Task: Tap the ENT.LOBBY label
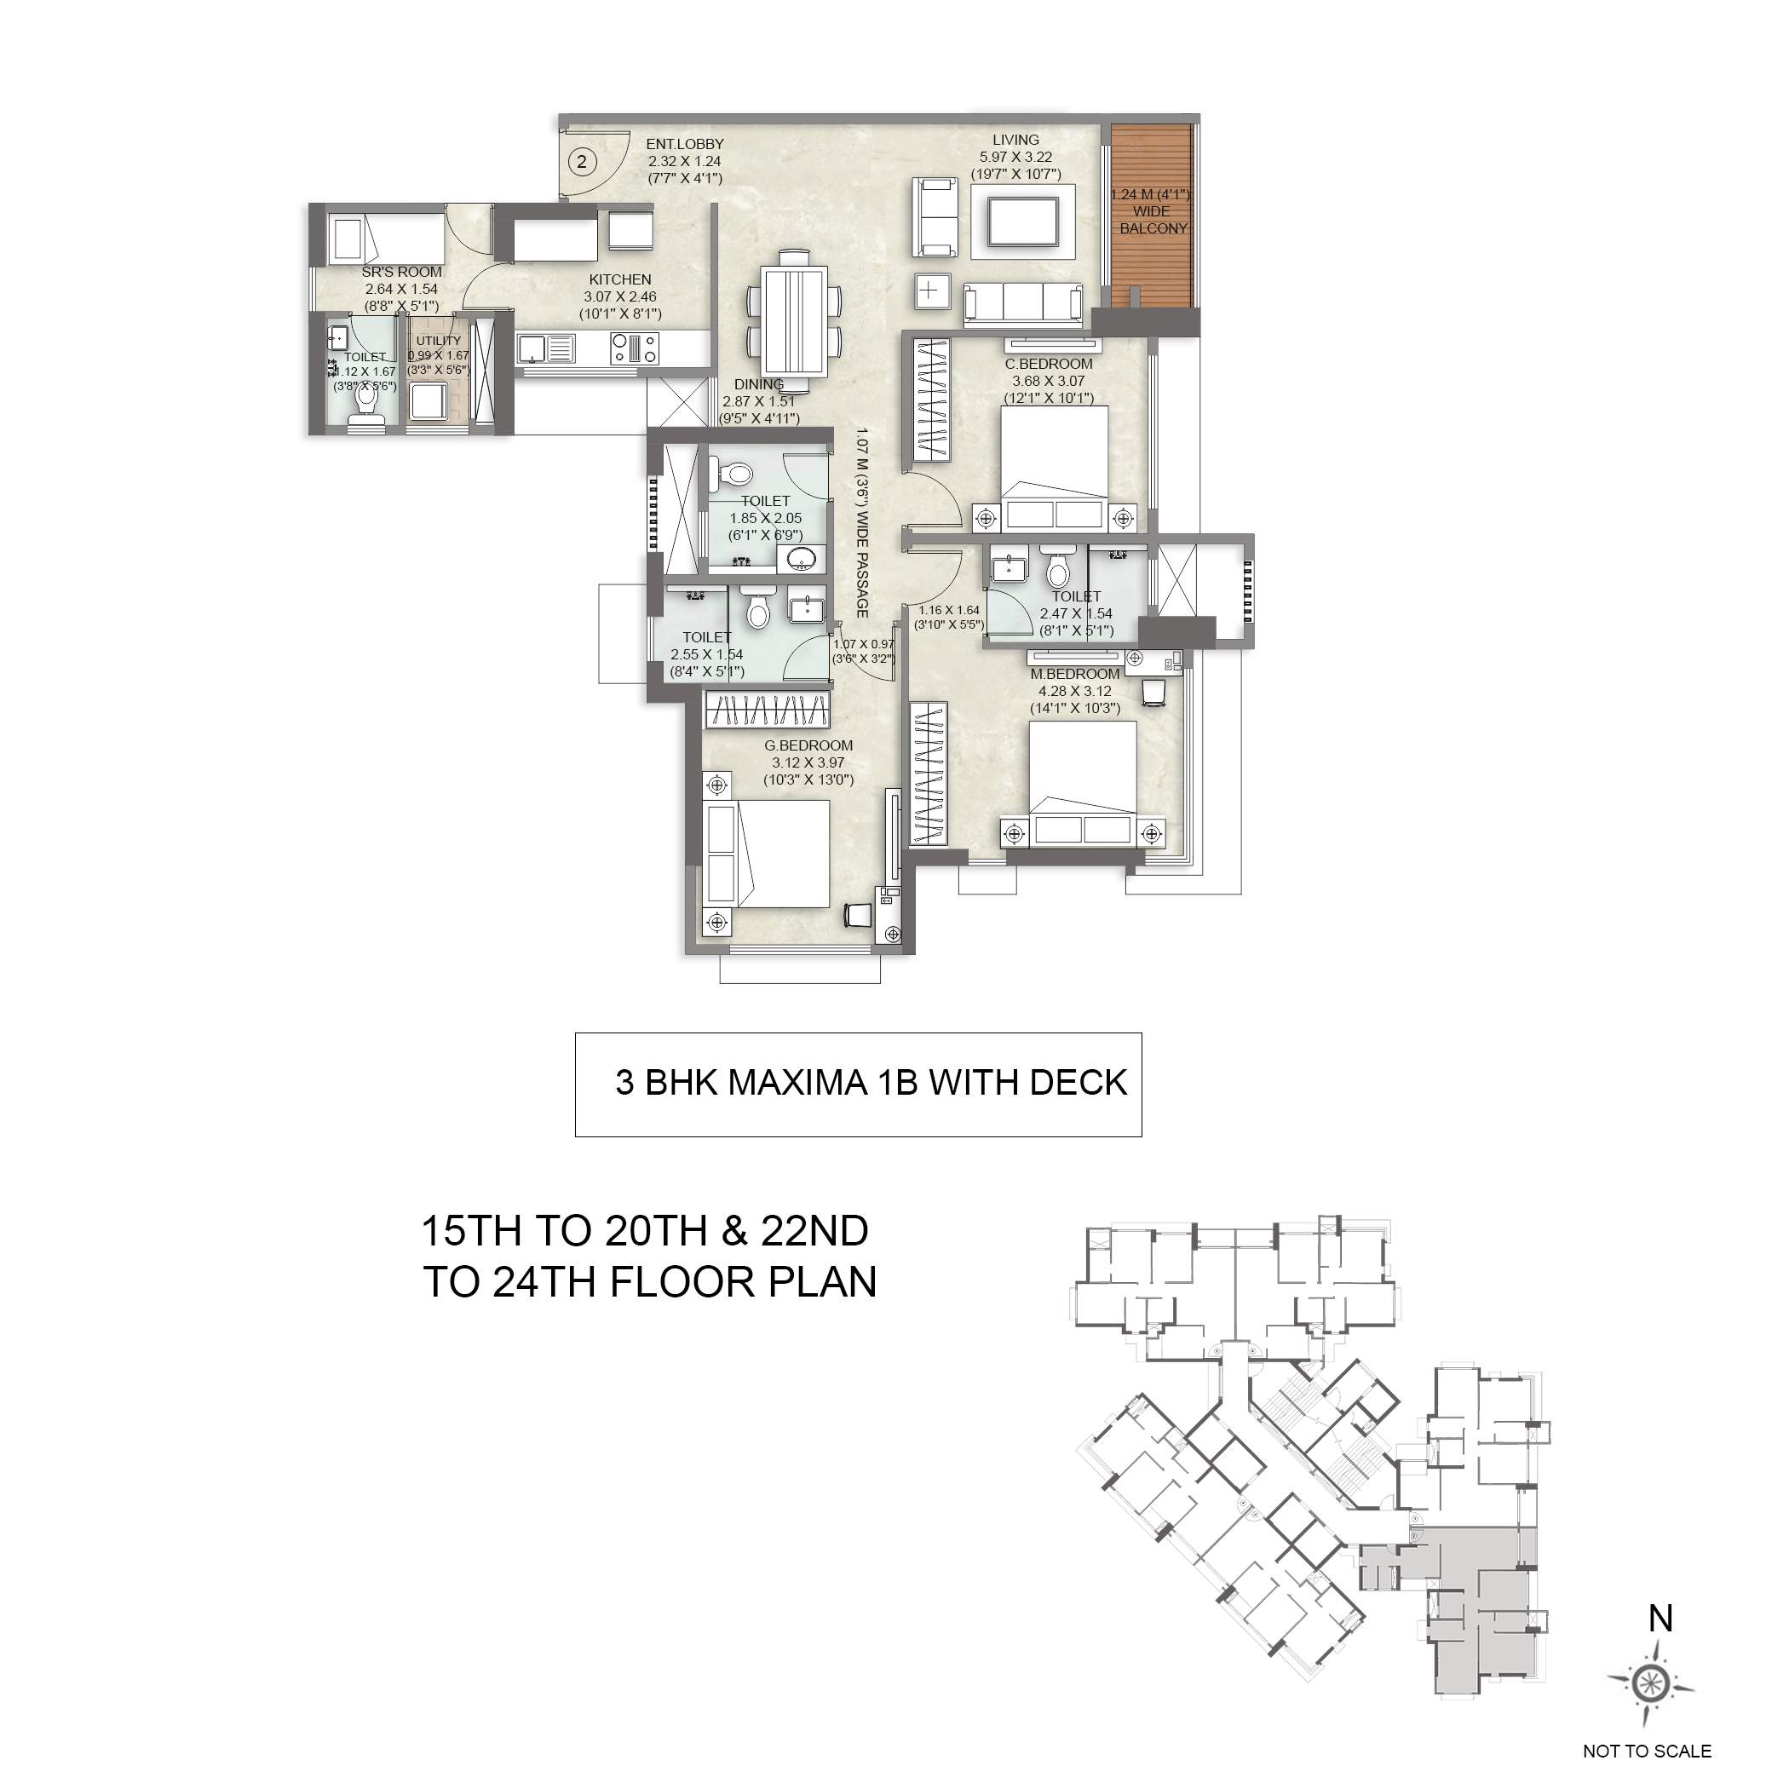[x=684, y=145]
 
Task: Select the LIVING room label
[x=1015, y=140]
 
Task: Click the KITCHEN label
[x=619, y=279]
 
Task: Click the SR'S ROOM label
[x=401, y=273]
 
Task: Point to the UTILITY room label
[x=438, y=341]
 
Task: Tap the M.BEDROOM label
[x=1075, y=674]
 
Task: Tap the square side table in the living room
[x=929, y=290]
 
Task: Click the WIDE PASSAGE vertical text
[x=861, y=523]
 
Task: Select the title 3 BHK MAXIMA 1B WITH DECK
[x=871, y=1083]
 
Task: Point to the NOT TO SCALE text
[x=1647, y=1751]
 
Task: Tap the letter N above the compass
[x=1660, y=1619]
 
